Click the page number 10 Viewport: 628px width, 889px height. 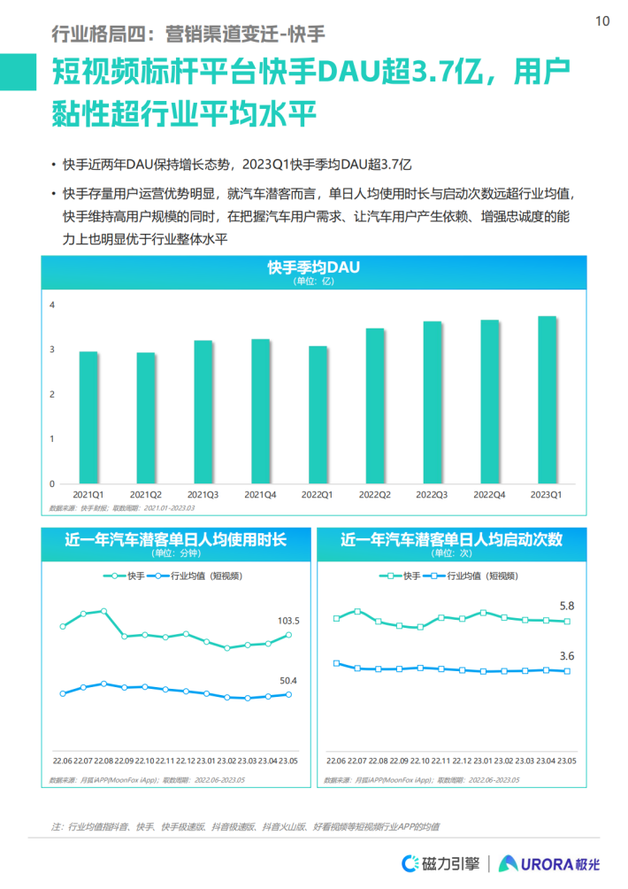tap(602, 21)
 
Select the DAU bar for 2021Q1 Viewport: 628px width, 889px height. tap(88, 417)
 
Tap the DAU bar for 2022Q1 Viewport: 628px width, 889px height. tap(318, 414)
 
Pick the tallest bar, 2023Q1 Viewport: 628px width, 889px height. tap(548, 399)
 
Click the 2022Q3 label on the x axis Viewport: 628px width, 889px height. tap(432, 494)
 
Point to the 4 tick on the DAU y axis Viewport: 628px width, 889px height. tap(52, 305)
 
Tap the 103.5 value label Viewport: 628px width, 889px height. tap(289, 621)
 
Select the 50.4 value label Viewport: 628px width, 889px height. tap(289, 681)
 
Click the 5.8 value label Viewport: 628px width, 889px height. tap(567, 607)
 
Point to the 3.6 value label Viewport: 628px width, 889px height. tap(567, 656)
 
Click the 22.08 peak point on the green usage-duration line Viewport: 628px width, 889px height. tap(103, 611)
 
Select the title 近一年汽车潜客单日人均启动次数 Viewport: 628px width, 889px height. tap(451, 539)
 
